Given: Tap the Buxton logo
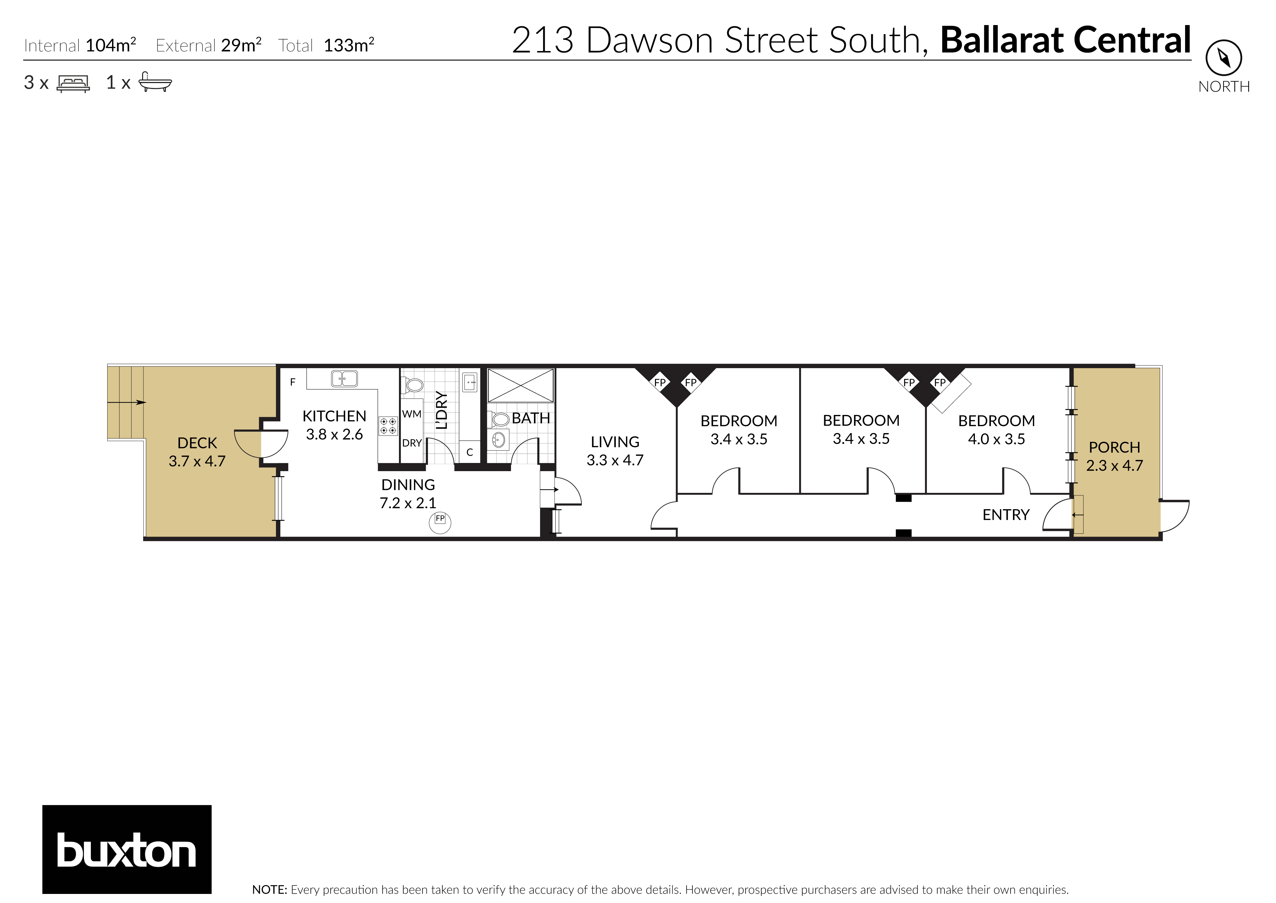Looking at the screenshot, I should [x=127, y=849].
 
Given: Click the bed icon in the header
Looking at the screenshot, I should [x=73, y=83].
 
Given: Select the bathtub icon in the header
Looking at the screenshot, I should [x=155, y=82].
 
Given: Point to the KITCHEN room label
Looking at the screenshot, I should [x=334, y=416].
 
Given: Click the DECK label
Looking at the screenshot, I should [x=197, y=443].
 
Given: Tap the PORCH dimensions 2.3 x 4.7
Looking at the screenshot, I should [x=1114, y=465].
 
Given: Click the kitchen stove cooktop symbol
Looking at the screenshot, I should [x=388, y=426].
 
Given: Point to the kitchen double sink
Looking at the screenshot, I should [x=344, y=379].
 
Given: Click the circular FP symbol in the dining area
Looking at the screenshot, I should [x=440, y=522].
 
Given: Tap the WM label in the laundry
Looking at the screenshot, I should [x=411, y=414].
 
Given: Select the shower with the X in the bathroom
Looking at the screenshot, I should [x=520, y=385].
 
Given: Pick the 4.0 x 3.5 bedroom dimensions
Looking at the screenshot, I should [x=996, y=439].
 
